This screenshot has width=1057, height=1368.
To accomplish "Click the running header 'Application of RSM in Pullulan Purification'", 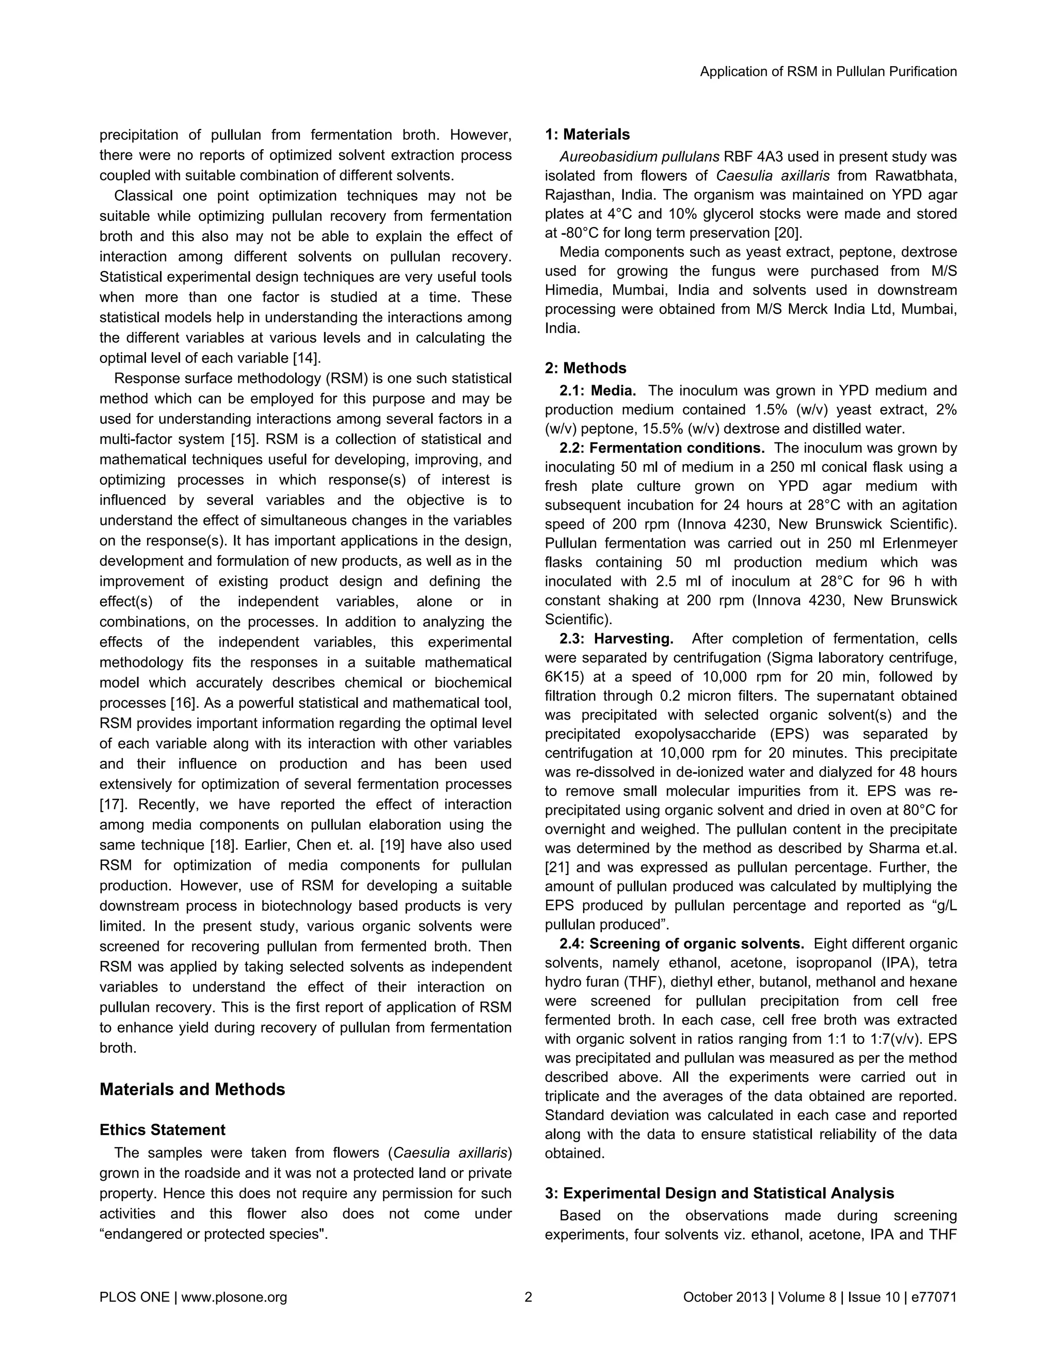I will pyautogui.click(x=828, y=72).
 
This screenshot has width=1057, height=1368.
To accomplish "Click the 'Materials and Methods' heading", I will pyautogui.click(x=192, y=1089).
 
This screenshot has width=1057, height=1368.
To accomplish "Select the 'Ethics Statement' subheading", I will pyautogui.click(x=162, y=1130).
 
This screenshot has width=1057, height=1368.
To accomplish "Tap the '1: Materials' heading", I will pyautogui.click(x=587, y=134).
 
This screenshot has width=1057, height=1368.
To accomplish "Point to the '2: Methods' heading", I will pyautogui.click(x=585, y=368).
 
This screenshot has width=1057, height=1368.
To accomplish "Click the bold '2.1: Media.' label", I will pyautogui.click(x=597, y=391).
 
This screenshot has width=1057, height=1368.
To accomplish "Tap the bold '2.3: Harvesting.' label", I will pyautogui.click(x=616, y=639).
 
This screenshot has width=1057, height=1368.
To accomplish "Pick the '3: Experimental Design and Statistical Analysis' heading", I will pyautogui.click(x=719, y=1193).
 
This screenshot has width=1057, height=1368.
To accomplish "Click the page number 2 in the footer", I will pyautogui.click(x=528, y=1297).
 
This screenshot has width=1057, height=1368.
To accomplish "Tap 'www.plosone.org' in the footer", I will pyautogui.click(x=234, y=1297).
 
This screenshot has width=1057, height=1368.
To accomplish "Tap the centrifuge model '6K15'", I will pyautogui.click(x=563, y=677).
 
